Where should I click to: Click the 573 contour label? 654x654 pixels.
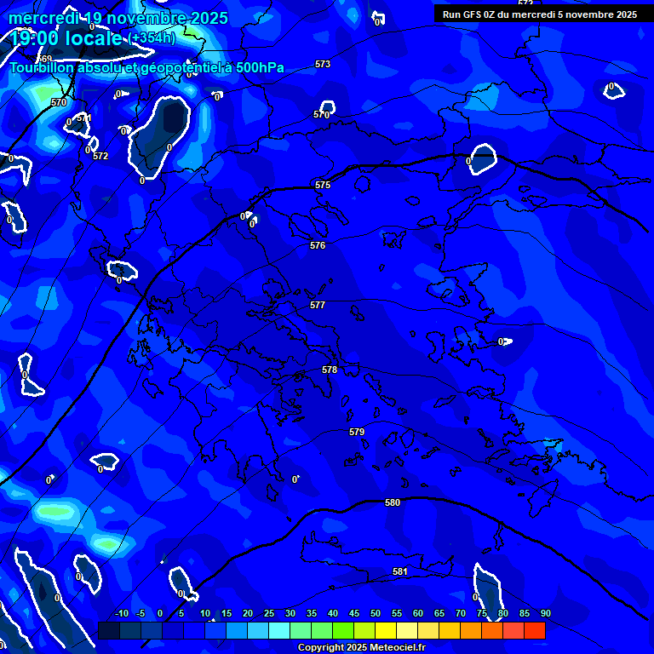coord(323,64)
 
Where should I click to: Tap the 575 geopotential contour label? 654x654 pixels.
coord(323,185)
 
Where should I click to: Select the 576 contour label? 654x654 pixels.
coord(318,245)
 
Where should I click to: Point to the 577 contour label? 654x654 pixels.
coord(318,305)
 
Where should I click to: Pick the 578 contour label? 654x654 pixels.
coord(330,370)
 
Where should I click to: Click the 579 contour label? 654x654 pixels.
coord(357,432)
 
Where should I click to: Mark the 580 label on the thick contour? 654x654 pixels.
coord(393,502)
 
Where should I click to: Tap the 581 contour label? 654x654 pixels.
coord(400,571)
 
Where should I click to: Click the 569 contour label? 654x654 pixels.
coord(45,83)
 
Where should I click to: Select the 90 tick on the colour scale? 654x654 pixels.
coord(545,613)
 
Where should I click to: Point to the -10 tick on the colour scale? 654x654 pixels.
coord(121,613)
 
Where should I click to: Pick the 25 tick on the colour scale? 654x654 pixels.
coord(269,613)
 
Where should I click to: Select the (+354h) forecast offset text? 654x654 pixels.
coord(152,38)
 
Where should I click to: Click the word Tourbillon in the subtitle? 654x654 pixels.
coord(42,67)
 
